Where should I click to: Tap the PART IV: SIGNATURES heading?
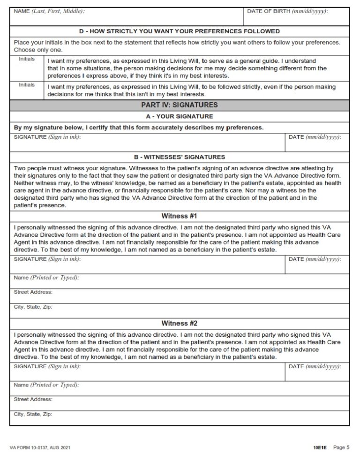[180, 106]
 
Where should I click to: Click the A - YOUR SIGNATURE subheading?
[180, 116]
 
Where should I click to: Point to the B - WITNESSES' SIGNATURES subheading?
[180, 157]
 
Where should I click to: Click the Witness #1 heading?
[180, 216]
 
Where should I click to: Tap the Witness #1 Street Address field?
[180, 296]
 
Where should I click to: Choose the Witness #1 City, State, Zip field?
[180, 311]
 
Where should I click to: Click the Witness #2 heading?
[180, 323]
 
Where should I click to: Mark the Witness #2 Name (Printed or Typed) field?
[180, 388]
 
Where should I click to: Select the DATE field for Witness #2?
[317, 373]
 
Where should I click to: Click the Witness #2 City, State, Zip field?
[180, 417]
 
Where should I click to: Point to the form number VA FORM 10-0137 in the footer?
[40, 448]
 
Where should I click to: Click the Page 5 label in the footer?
[341, 448]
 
